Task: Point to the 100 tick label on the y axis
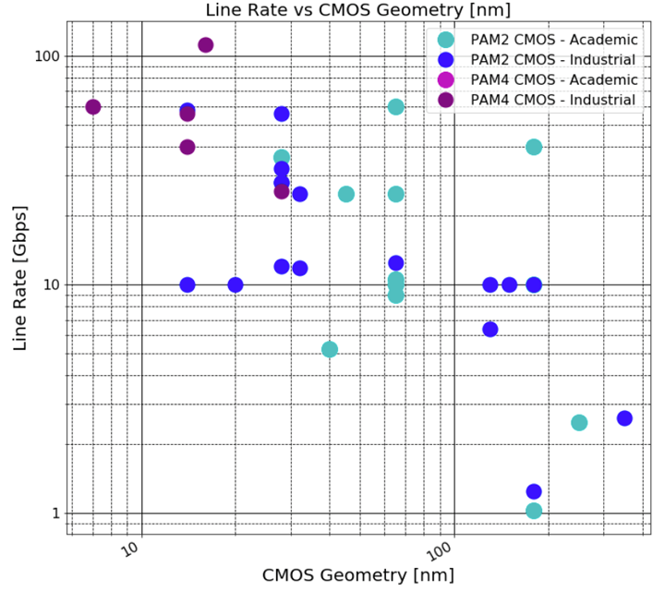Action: pos(46,56)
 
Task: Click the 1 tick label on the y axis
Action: pos(54,513)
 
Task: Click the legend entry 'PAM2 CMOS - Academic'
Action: pos(553,40)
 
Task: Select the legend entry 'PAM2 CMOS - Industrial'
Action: pos(553,60)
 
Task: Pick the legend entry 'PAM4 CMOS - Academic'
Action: pos(553,80)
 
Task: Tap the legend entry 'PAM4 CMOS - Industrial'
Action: pos(553,100)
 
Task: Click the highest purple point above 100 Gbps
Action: pos(206,45)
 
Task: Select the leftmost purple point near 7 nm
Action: pos(93,107)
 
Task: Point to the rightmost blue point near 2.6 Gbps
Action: pos(624,418)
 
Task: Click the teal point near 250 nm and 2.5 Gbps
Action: pos(579,423)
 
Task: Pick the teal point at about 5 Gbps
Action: pos(330,349)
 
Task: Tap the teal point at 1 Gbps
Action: pos(534,511)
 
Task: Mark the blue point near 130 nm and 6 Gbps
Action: pos(490,330)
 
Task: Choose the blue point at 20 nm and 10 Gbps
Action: pos(236,284)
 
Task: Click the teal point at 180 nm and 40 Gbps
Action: pos(534,147)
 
